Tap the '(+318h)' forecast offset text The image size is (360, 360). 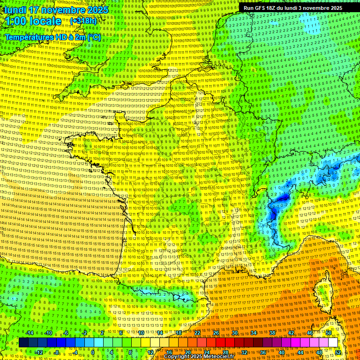point(83,21)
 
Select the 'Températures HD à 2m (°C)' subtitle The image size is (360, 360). point(52,37)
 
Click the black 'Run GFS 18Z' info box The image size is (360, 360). point(292,8)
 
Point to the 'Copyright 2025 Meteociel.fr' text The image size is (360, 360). point(198,357)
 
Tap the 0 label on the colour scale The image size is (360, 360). point(93,352)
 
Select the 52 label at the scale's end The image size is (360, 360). point(338,352)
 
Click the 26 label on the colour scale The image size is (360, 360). point(216,333)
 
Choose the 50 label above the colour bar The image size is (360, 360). point(329,333)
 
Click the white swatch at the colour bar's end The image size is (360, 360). point(333,343)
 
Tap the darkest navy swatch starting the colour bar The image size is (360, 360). point(23,343)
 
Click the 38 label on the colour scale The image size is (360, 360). point(272,333)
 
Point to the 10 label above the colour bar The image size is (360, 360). point(141,333)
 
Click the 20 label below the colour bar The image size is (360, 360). point(187,352)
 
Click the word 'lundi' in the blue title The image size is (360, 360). point(14,10)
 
